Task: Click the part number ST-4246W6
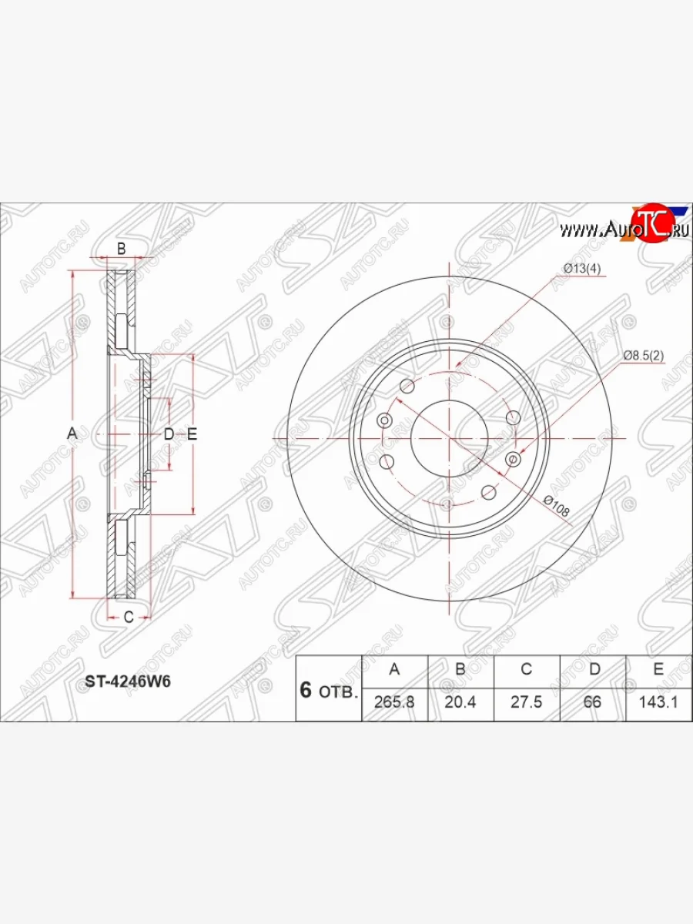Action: [x=128, y=681]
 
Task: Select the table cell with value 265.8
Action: [x=395, y=701]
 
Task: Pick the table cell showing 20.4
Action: [x=460, y=701]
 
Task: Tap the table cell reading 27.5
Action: [x=527, y=701]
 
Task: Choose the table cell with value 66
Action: [x=593, y=701]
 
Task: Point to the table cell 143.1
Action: [x=659, y=701]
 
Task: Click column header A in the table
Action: [x=395, y=669]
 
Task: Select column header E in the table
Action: [x=659, y=669]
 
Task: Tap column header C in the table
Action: [x=527, y=669]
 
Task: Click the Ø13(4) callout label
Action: [x=582, y=269]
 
